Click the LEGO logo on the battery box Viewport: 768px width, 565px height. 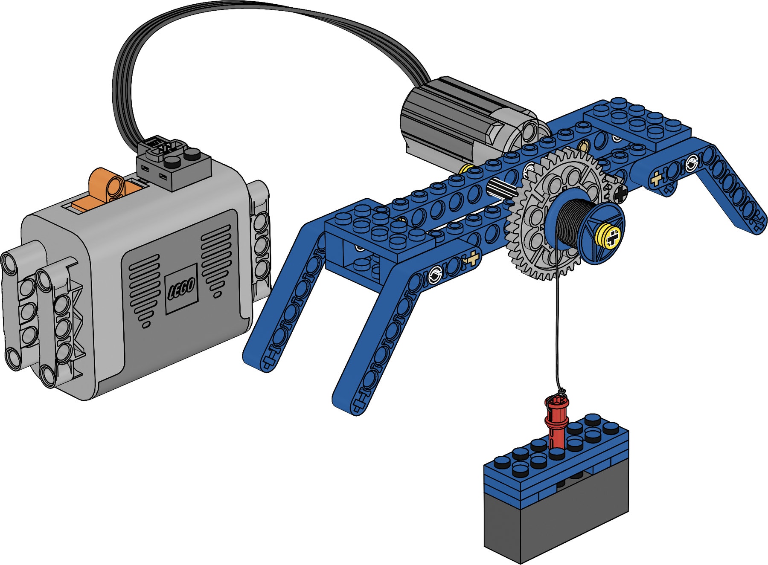pyautogui.click(x=181, y=288)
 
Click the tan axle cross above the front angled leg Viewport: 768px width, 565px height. pyautogui.click(x=472, y=258)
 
